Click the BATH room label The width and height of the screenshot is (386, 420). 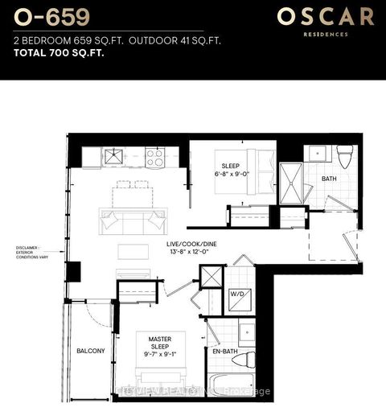pyautogui.click(x=329, y=179)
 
